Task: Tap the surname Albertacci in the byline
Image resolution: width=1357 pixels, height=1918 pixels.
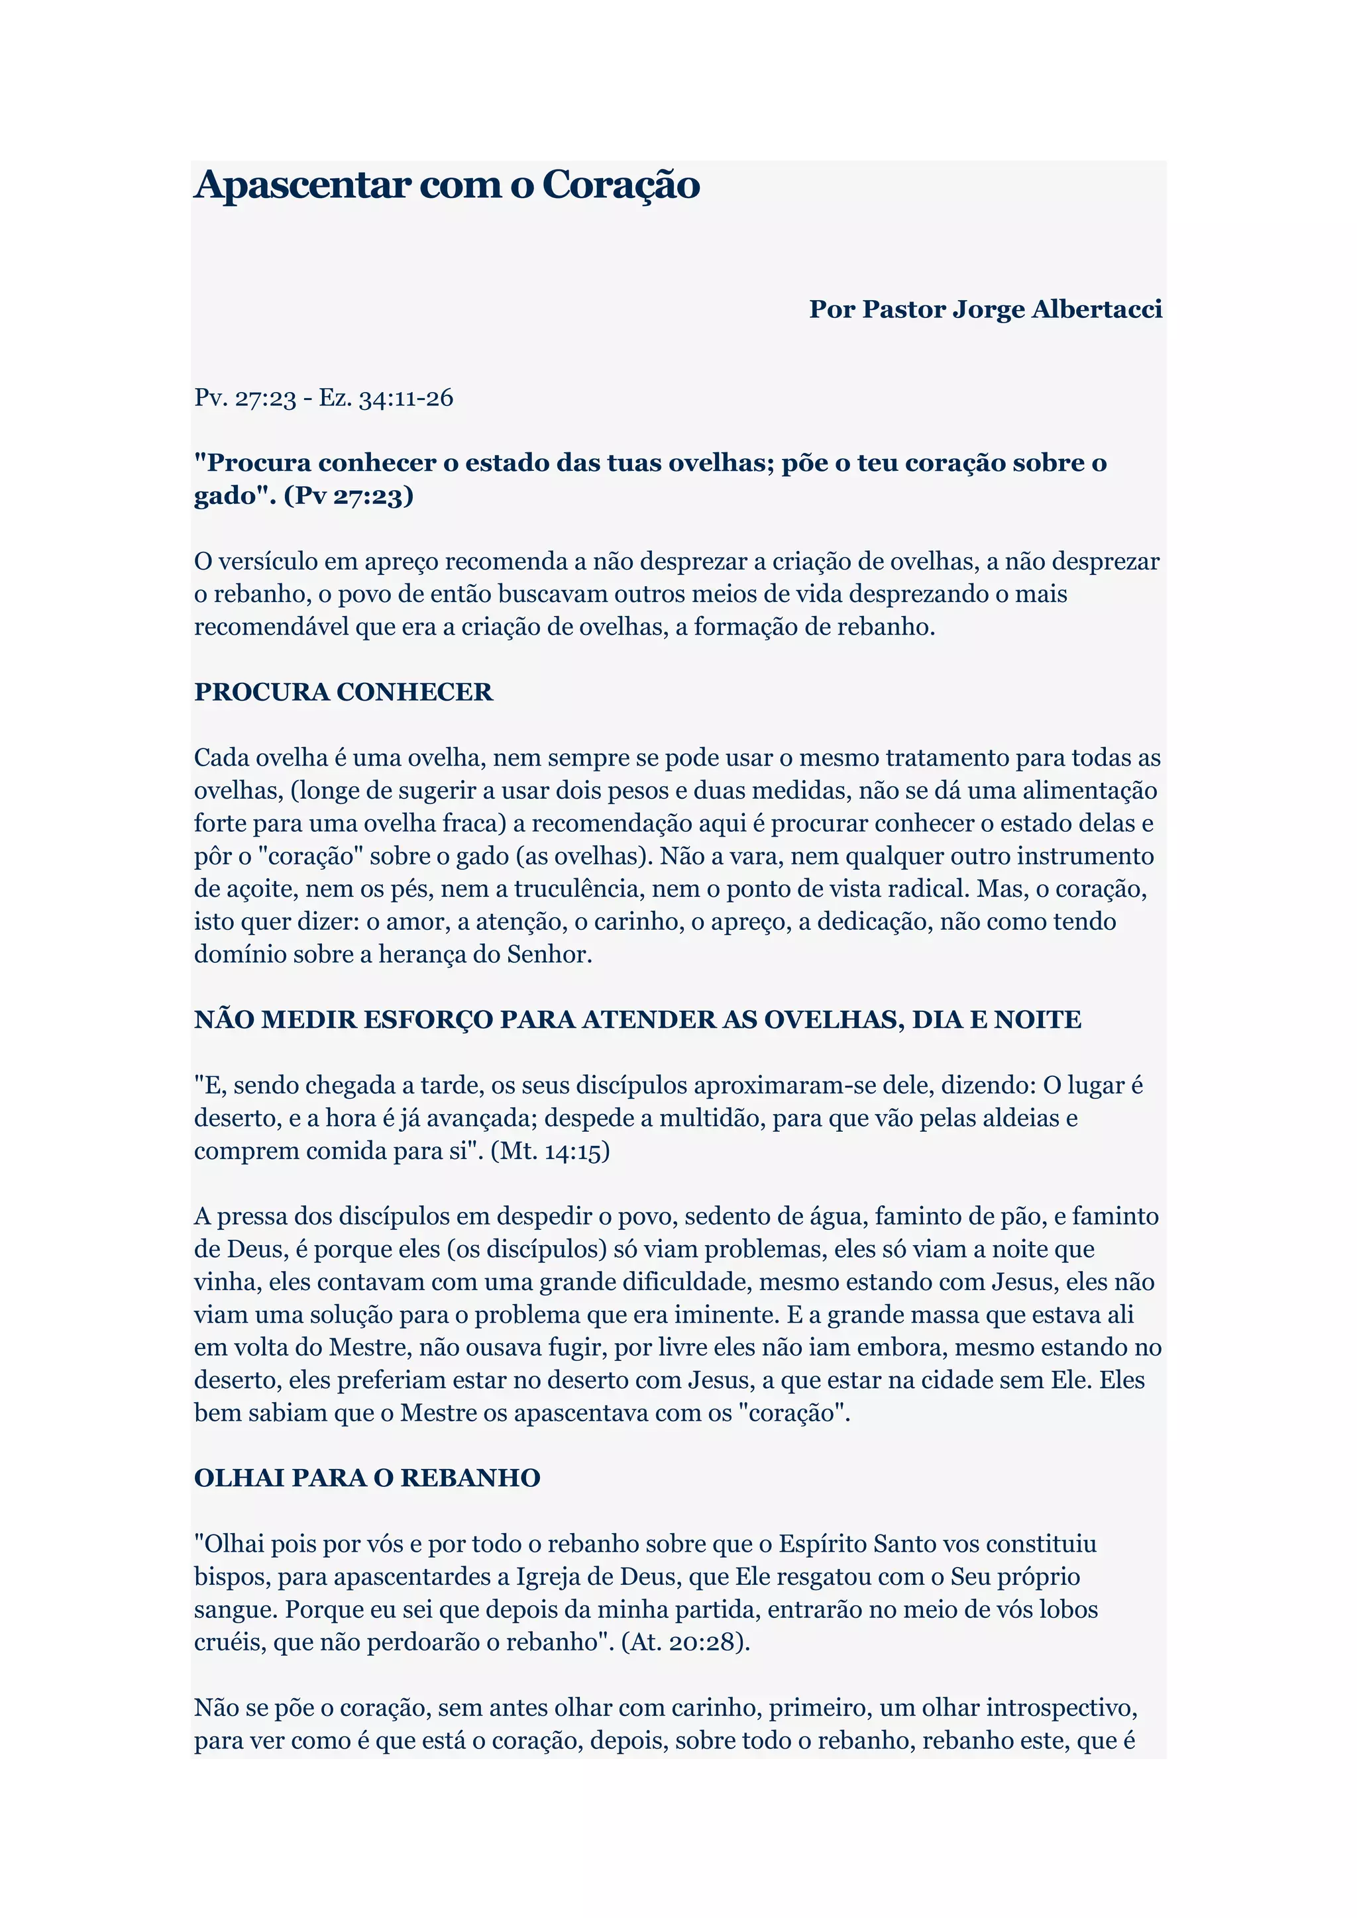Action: click(1097, 309)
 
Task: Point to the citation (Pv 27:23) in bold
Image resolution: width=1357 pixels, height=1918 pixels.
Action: click(349, 495)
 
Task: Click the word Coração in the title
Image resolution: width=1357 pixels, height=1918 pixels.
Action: click(621, 185)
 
